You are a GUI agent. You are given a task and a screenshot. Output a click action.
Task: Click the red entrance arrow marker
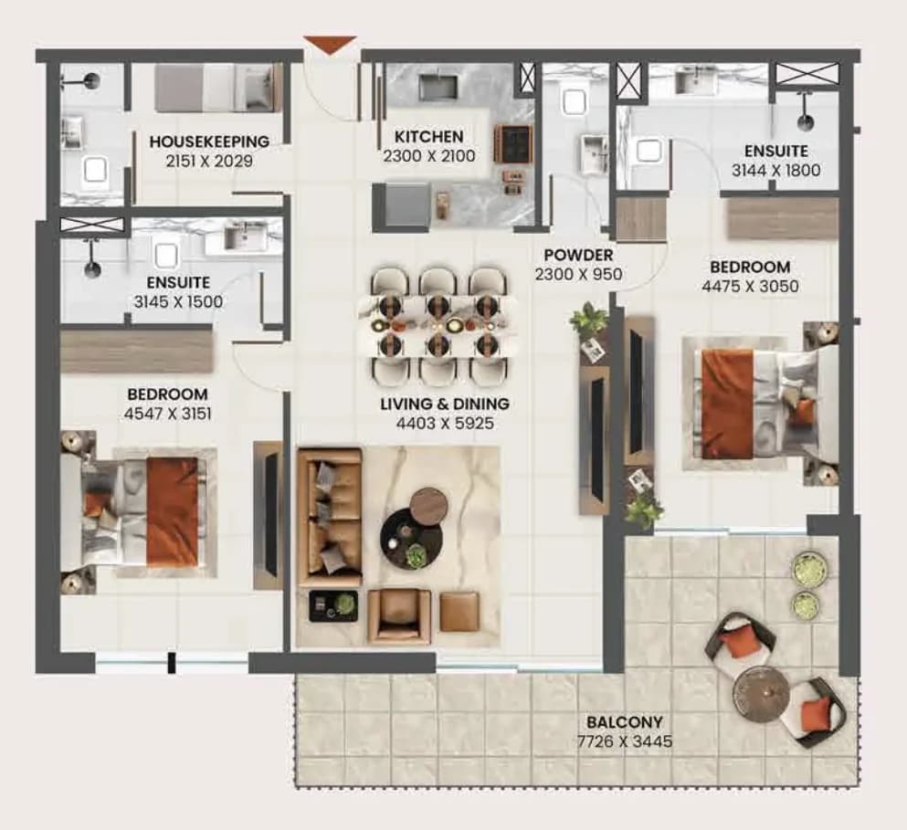point(331,45)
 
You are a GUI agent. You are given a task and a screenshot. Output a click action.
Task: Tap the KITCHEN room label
point(428,136)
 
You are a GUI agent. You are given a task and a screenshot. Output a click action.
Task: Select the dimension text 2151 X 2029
point(209,161)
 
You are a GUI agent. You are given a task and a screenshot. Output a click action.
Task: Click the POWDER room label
point(578,255)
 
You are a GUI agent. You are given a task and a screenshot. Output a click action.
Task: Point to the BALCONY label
point(625,722)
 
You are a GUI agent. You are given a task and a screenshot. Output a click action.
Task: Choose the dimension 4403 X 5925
point(445,424)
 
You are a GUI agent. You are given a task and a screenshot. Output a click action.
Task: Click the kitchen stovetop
point(512,143)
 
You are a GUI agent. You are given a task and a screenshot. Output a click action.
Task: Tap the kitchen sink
point(438,88)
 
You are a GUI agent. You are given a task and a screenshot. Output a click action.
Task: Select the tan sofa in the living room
point(329,517)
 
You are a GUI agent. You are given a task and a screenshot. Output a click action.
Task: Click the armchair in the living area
point(399,617)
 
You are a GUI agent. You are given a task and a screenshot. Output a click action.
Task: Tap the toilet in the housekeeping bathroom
point(95,170)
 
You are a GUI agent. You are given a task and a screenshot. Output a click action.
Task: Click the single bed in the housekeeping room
point(214,88)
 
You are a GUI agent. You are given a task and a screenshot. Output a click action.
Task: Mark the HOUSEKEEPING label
point(209,142)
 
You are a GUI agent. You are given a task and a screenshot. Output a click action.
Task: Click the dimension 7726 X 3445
point(625,741)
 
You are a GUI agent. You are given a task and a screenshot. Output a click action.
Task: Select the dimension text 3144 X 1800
point(775,170)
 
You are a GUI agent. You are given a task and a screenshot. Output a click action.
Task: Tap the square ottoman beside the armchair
point(459,612)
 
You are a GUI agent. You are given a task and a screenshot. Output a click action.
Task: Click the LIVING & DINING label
point(445,404)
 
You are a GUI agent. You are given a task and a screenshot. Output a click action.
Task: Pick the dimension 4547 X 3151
point(168,414)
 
